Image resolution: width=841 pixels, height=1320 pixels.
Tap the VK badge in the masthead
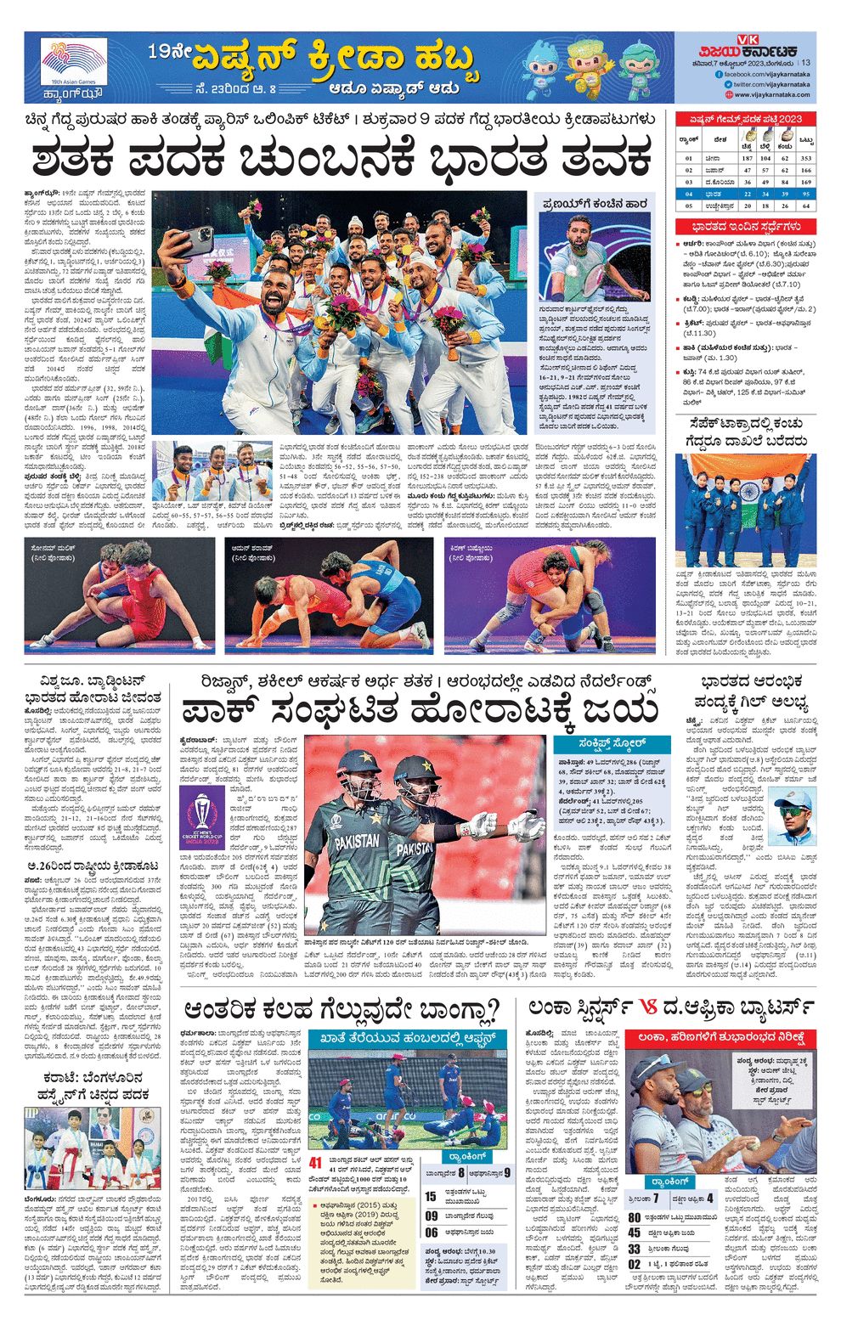pyautogui.click(x=748, y=39)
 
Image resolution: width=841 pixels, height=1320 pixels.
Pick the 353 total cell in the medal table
pyautogui.click(x=805, y=157)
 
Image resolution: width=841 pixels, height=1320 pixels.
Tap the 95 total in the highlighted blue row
pyautogui.click(x=805, y=194)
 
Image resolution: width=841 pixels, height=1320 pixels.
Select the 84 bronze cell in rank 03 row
pyautogui.click(x=786, y=182)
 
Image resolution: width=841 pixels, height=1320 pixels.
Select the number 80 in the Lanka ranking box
pyautogui.click(x=635, y=1216)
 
